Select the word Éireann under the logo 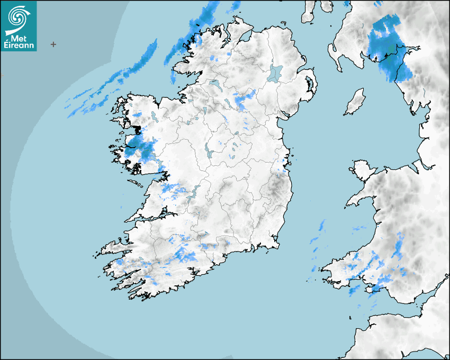(x=19, y=46)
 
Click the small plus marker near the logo (x=53, y=44)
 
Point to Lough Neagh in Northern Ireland (x=275, y=73)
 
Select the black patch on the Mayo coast (x=138, y=129)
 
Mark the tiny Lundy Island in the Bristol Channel (x=350, y=317)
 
